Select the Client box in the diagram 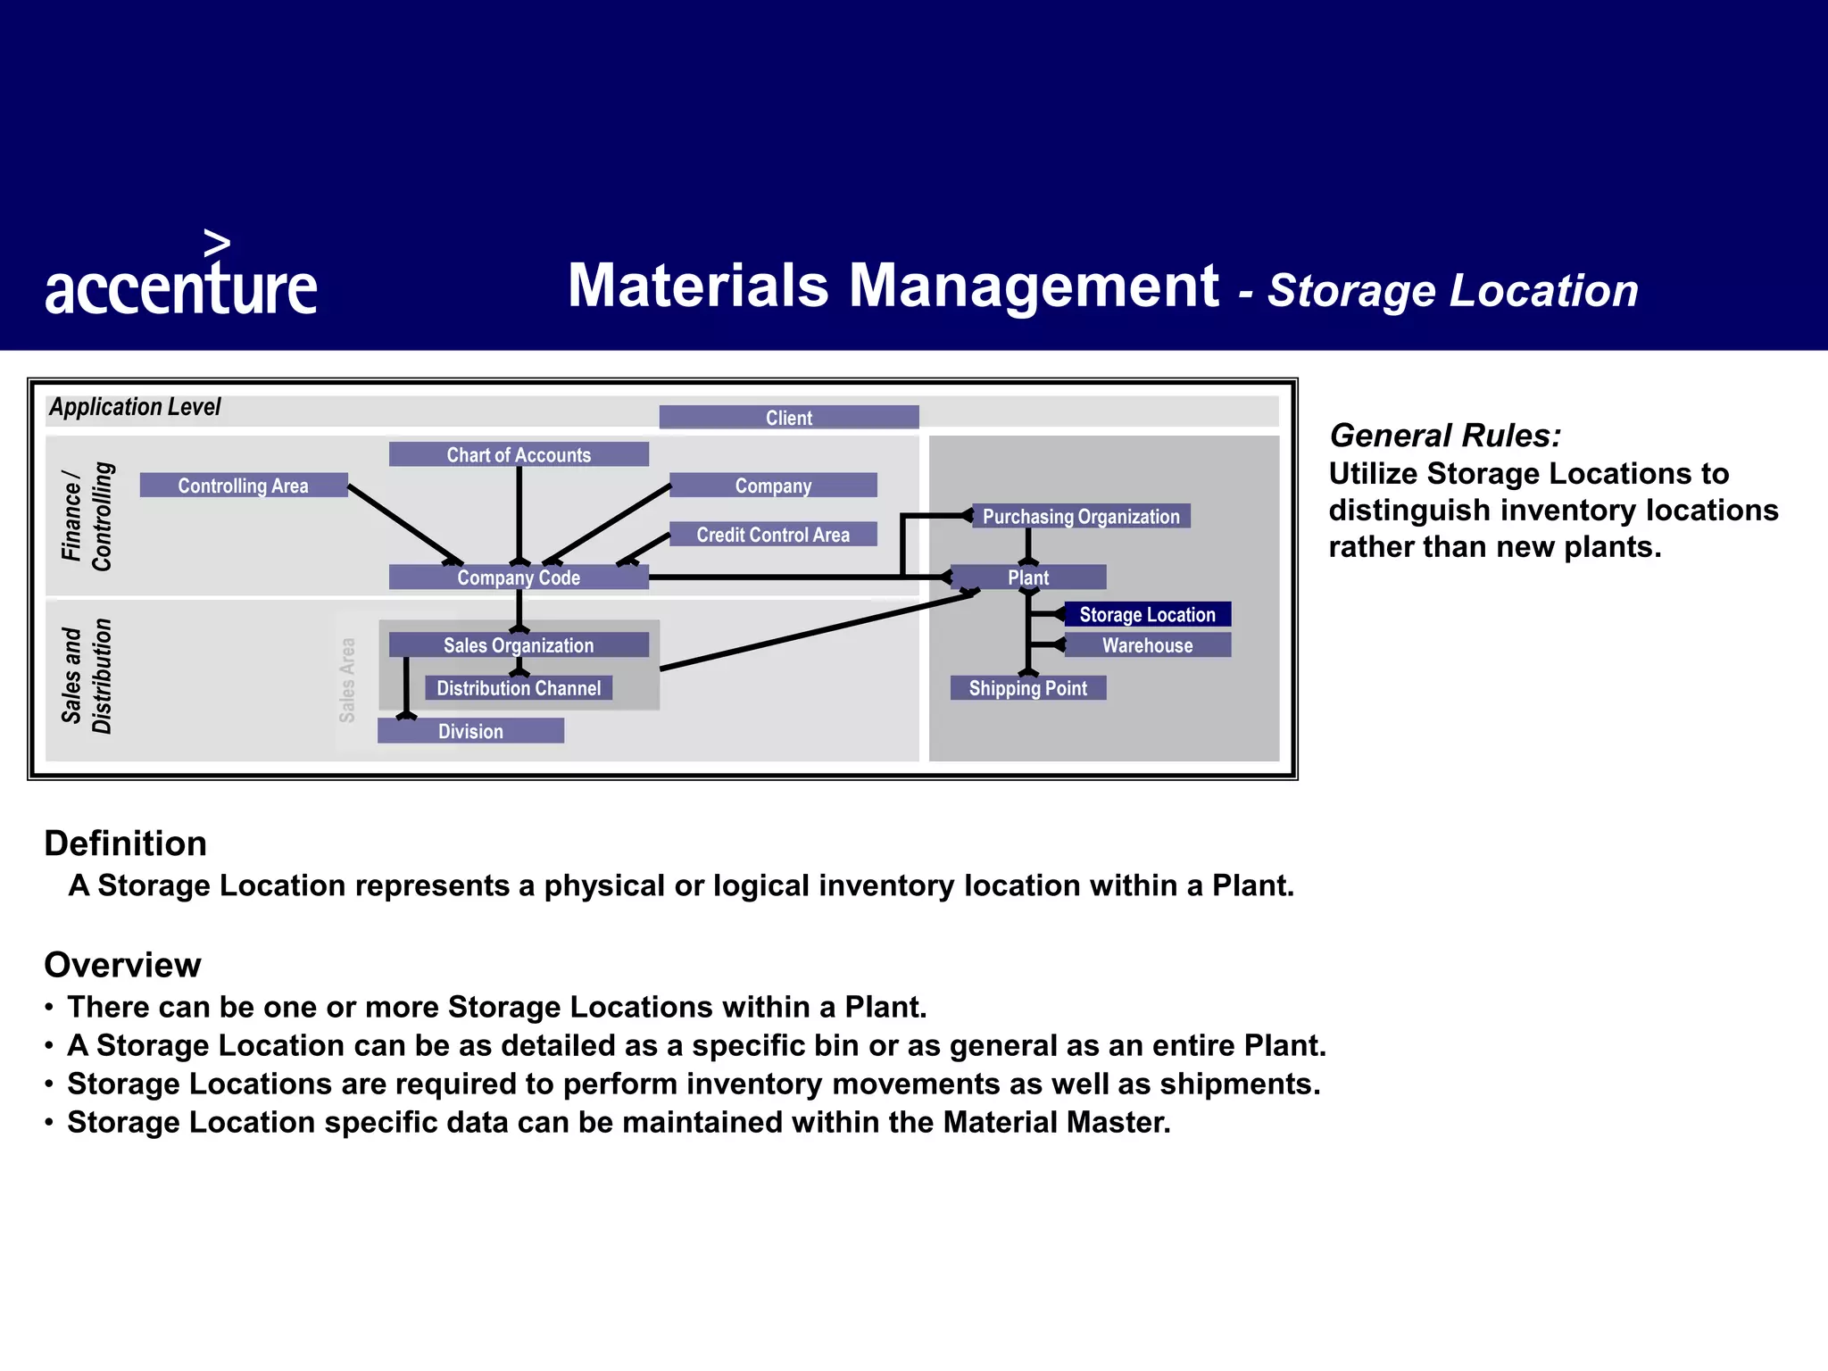click(x=789, y=418)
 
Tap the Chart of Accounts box click(x=519, y=454)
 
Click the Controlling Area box click(x=243, y=486)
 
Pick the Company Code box click(x=519, y=577)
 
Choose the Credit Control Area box click(x=773, y=535)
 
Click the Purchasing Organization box click(x=1081, y=517)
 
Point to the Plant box click(x=1028, y=577)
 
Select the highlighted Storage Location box click(x=1147, y=614)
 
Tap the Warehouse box click(x=1147, y=645)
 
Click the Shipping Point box click(x=1028, y=688)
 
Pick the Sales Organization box click(x=519, y=645)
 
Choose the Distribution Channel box click(x=519, y=688)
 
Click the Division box click(x=470, y=731)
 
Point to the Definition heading click(x=126, y=843)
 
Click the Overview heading click(x=123, y=965)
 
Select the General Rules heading click(x=1445, y=436)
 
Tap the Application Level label click(x=135, y=407)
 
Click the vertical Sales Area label click(x=347, y=679)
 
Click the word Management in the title click(x=1034, y=286)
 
